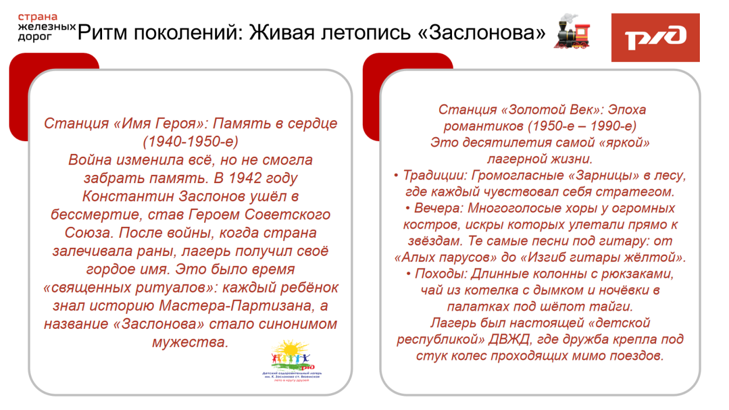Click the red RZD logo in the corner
click(x=655, y=37)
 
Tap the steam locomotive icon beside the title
click(x=572, y=31)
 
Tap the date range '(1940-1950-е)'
click(x=191, y=142)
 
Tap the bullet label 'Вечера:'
click(x=435, y=208)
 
